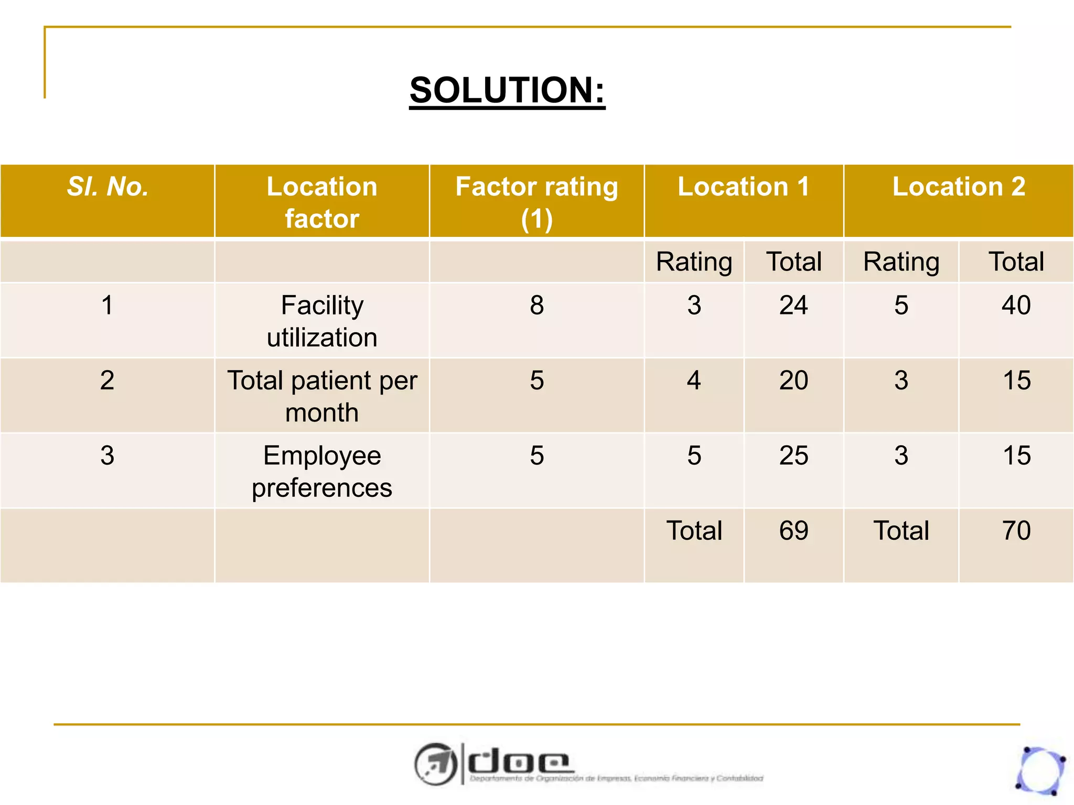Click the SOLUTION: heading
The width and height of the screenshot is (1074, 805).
tap(507, 90)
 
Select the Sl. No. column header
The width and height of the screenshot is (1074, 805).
tap(108, 187)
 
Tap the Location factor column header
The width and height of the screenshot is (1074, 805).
tap(322, 202)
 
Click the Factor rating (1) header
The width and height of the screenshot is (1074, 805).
tap(536, 202)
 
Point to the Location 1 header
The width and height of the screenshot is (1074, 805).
tap(743, 187)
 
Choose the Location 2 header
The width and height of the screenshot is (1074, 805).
tap(959, 187)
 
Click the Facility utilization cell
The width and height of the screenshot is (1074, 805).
tap(322, 321)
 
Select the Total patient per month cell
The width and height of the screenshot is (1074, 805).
tap(322, 396)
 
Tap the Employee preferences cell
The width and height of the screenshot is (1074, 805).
tap(322, 471)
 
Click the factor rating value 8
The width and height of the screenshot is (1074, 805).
tap(536, 305)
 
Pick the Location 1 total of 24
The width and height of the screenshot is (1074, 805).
tap(793, 305)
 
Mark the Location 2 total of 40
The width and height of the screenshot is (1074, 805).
tap(1016, 305)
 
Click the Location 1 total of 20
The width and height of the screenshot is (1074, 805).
tap(793, 380)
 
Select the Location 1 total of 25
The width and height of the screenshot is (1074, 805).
tap(793, 455)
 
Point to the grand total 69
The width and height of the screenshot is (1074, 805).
tap(793, 530)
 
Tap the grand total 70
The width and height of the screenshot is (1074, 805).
tap(1016, 530)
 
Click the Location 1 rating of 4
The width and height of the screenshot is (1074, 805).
tap(694, 380)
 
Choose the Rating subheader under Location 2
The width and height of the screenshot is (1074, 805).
tap(901, 262)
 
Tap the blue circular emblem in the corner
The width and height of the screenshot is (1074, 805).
tap(1040, 770)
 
